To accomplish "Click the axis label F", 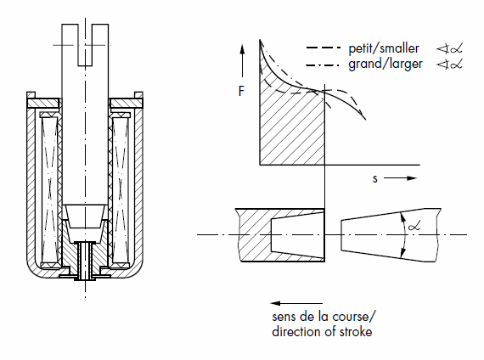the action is click(x=241, y=91).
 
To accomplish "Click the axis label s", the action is click(x=374, y=179).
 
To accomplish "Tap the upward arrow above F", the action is click(x=242, y=61).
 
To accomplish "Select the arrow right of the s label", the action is click(x=400, y=178).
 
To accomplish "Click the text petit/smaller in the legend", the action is click(x=384, y=48).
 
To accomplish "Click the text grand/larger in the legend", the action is click(x=386, y=65).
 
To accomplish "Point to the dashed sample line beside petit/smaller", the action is click(x=324, y=48).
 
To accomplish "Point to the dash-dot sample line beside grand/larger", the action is click(x=323, y=65).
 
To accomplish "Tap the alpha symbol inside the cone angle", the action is click(x=414, y=227).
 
